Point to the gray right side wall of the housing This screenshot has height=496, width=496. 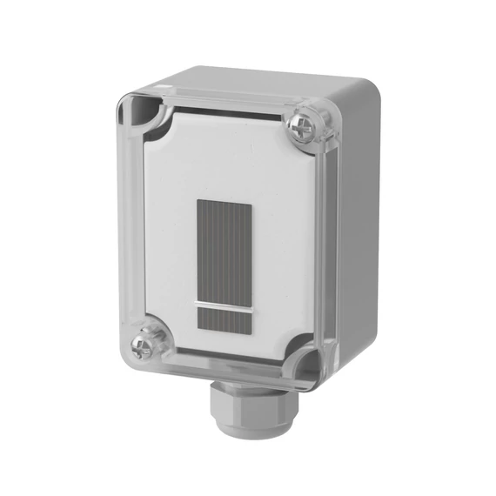click(x=357, y=244)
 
